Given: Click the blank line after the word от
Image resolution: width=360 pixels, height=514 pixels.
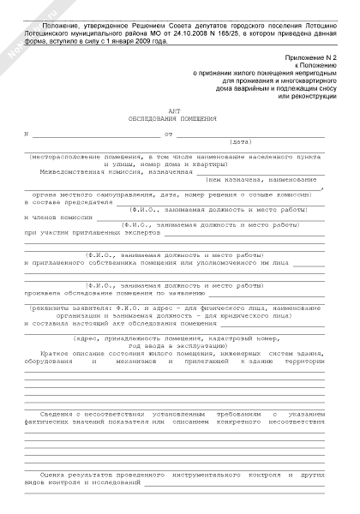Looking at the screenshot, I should [249, 134].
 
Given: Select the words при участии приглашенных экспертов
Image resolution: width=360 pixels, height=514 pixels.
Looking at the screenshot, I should [93, 232].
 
